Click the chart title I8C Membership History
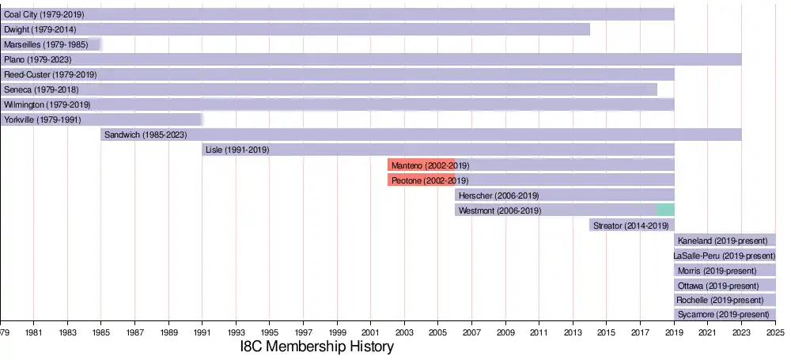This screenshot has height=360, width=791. pos(316,347)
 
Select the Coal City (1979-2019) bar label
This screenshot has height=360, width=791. pos(44,14)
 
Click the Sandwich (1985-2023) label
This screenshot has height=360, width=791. pos(146,135)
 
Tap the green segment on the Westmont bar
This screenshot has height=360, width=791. pos(665,210)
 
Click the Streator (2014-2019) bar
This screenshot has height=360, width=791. pos(631,225)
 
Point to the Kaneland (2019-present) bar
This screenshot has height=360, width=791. pos(725,240)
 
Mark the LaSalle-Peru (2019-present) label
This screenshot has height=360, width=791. pos(724,255)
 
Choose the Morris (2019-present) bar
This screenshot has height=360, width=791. pos(725,270)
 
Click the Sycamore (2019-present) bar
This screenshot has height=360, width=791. pos(725,315)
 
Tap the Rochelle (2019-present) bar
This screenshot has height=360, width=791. pos(725,300)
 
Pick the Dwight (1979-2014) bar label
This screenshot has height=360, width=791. pos(40,29)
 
